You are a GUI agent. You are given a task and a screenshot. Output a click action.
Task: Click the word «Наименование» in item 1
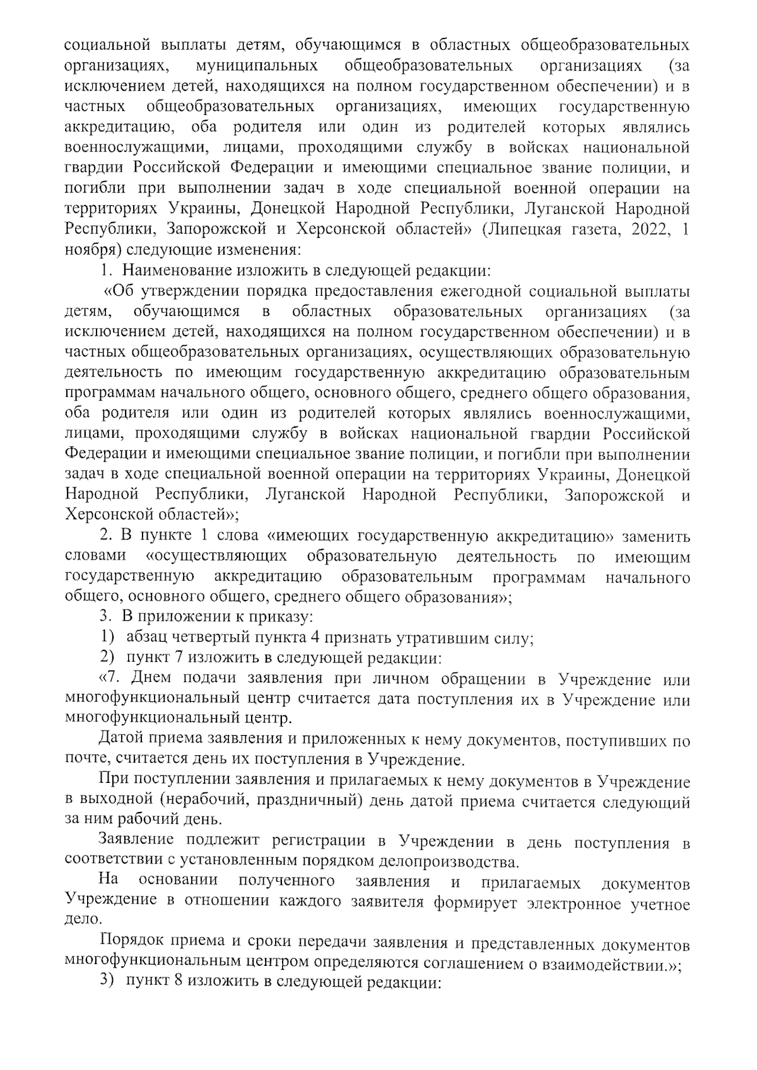(178, 271)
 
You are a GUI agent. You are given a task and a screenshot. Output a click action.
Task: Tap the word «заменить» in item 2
(656, 536)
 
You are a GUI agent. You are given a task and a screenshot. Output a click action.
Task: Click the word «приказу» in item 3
(280, 618)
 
